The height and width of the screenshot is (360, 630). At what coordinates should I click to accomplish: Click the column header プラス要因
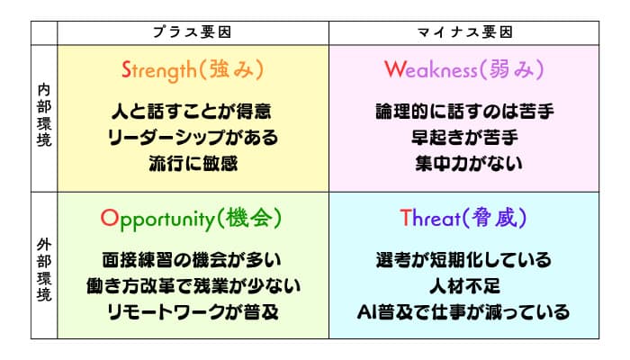[192, 32]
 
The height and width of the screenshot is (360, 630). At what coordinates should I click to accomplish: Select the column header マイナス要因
[465, 32]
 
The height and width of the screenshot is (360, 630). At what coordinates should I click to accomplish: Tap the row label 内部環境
[44, 115]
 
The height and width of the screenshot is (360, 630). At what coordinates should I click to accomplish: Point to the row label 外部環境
[44, 270]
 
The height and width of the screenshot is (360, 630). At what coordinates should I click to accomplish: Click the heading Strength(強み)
[193, 69]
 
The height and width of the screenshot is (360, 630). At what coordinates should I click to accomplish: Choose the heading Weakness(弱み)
[464, 69]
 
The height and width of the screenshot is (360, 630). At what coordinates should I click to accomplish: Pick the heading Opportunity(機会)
[191, 219]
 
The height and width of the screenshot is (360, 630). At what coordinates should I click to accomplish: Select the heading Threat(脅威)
[463, 218]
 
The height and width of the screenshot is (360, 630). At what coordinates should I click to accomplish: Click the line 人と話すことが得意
[192, 112]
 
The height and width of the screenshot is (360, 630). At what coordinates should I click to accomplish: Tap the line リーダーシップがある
[193, 138]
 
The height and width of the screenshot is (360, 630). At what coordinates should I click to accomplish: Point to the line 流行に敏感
[193, 164]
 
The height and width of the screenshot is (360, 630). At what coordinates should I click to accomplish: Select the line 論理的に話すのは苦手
[465, 112]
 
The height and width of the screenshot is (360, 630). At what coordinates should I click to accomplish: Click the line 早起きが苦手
[465, 138]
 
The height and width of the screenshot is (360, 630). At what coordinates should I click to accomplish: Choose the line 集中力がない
[469, 164]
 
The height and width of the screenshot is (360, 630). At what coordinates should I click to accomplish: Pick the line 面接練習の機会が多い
[192, 260]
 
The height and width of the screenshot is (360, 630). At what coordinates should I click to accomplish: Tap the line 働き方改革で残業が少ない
[193, 286]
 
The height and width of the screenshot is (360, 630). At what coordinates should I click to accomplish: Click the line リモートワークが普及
[193, 312]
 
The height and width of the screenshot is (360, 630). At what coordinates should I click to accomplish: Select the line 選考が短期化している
[463, 260]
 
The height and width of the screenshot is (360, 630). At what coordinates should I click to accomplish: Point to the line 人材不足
[465, 286]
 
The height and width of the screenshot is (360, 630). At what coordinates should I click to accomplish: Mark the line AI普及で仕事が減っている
[463, 312]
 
